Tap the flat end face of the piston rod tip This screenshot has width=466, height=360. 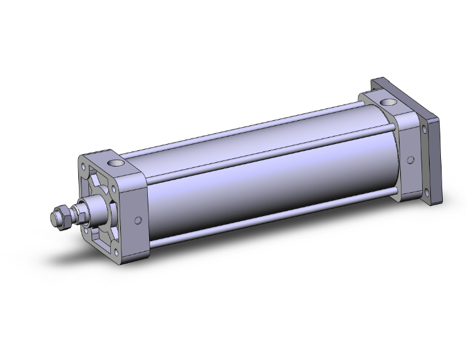tap(53, 219)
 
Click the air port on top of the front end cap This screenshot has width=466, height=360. tap(116, 164)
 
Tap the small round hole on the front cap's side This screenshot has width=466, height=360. tap(138, 220)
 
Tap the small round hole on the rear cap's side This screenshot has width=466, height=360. tap(410, 160)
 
